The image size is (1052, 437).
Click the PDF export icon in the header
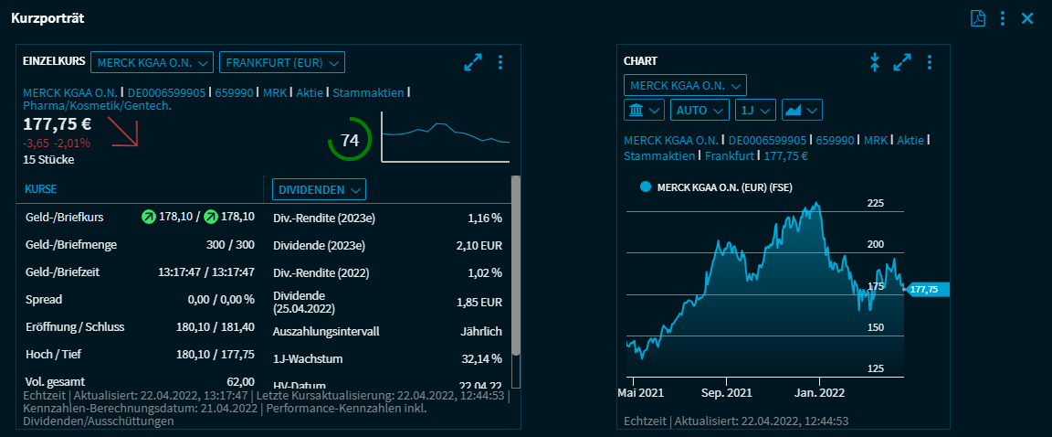977,18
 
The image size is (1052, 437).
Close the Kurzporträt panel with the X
1027,18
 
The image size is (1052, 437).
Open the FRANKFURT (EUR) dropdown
282,62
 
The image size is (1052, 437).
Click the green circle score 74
350,141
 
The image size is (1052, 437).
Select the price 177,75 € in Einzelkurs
58,124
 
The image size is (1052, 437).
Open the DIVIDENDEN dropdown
319,189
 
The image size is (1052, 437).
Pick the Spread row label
44,300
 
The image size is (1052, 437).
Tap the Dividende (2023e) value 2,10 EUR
479,246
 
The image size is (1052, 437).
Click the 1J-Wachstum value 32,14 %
480,358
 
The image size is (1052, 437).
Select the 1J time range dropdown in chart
755,110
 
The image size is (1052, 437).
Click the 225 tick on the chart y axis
876,203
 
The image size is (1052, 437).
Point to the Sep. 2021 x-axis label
726,392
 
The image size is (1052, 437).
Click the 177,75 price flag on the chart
927,290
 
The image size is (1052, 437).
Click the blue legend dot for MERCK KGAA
646,187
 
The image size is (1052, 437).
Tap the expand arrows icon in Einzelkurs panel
473,62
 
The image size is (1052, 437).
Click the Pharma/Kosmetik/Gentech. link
98,106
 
